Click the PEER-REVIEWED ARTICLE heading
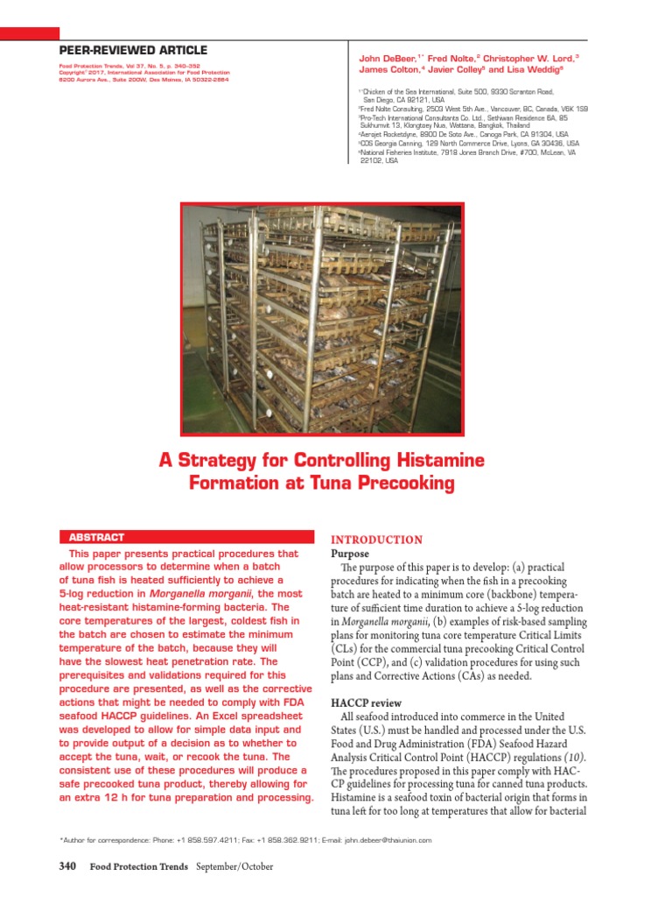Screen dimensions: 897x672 133,51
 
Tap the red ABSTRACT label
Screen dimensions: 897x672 96,537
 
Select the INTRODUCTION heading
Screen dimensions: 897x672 375,540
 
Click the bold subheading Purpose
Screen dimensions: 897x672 349,554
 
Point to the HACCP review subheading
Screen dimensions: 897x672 366,703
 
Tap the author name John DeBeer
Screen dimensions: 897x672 388,58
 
